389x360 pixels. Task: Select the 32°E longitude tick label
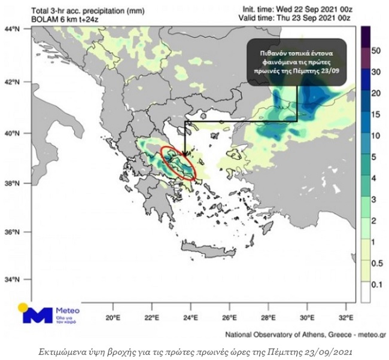pyautogui.click(x=347, y=317)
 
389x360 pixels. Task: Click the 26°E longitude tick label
pyautogui.click(x=230, y=317)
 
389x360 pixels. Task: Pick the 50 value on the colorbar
pyautogui.click(x=376, y=51)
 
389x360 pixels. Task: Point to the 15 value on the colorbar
pyautogui.click(x=376, y=114)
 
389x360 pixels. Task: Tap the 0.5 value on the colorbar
pyautogui.click(x=376, y=264)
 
